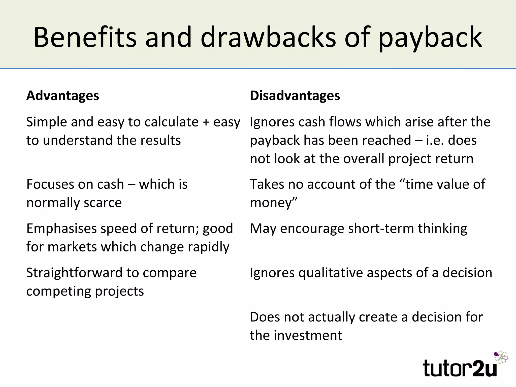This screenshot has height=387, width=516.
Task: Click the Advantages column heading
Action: (63, 96)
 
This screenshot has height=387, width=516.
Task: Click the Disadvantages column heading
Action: (295, 96)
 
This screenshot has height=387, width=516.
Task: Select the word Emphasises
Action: (61, 229)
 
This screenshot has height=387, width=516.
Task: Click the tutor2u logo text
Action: (460, 368)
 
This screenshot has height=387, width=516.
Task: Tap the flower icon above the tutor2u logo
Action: (501, 357)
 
